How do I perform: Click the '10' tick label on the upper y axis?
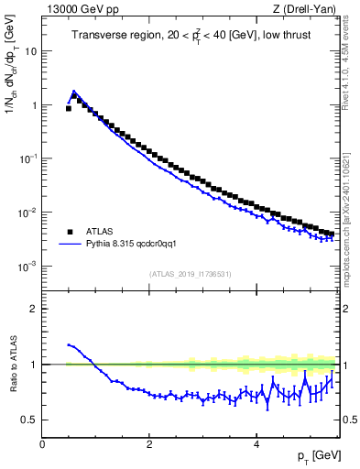coord(31,51)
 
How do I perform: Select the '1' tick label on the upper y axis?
coord(34,105)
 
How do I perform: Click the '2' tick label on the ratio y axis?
coord(34,309)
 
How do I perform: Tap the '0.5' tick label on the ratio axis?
coord(29,420)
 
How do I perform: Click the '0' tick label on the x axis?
coord(42,443)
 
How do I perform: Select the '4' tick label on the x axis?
coord(256,443)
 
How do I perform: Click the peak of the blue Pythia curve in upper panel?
coord(74,92)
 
